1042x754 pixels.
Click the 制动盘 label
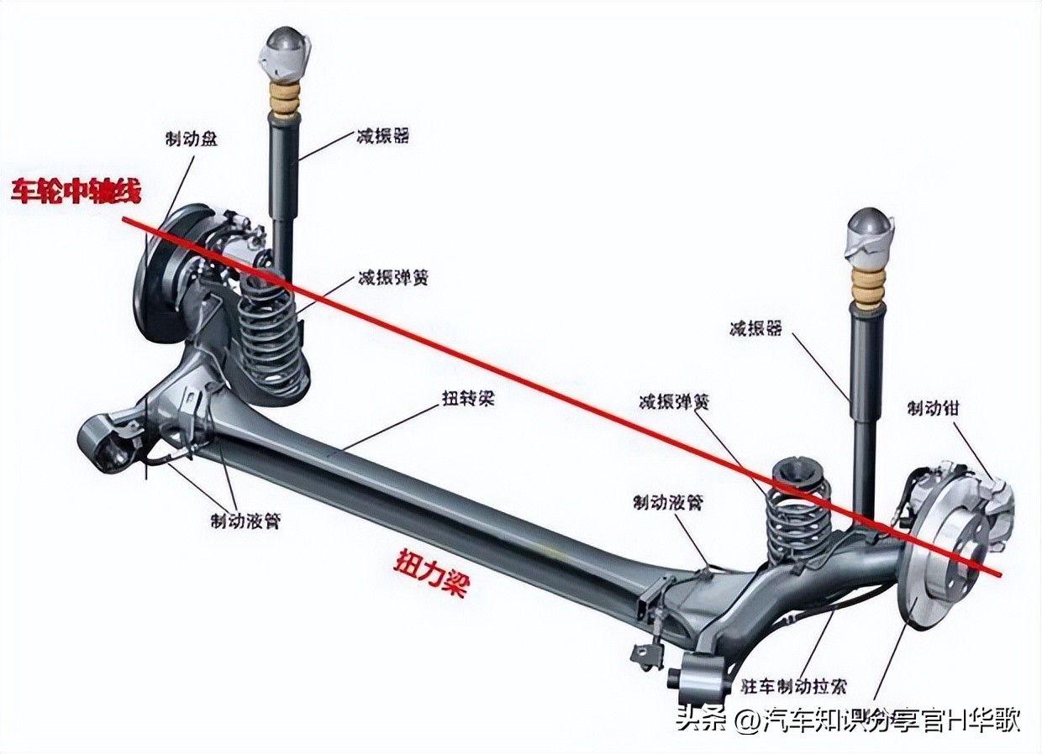click(x=191, y=139)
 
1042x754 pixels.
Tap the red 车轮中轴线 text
click(x=76, y=191)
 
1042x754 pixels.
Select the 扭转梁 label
click(x=468, y=398)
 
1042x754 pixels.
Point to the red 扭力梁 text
click(x=430, y=573)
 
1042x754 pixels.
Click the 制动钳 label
click(x=932, y=408)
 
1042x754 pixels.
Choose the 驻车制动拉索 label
click(x=793, y=686)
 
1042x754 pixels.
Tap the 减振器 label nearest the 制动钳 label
click(x=755, y=327)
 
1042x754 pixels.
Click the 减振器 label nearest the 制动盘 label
click(x=382, y=135)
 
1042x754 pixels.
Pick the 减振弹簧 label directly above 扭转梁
click(x=392, y=277)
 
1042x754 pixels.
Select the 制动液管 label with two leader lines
click(x=245, y=521)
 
